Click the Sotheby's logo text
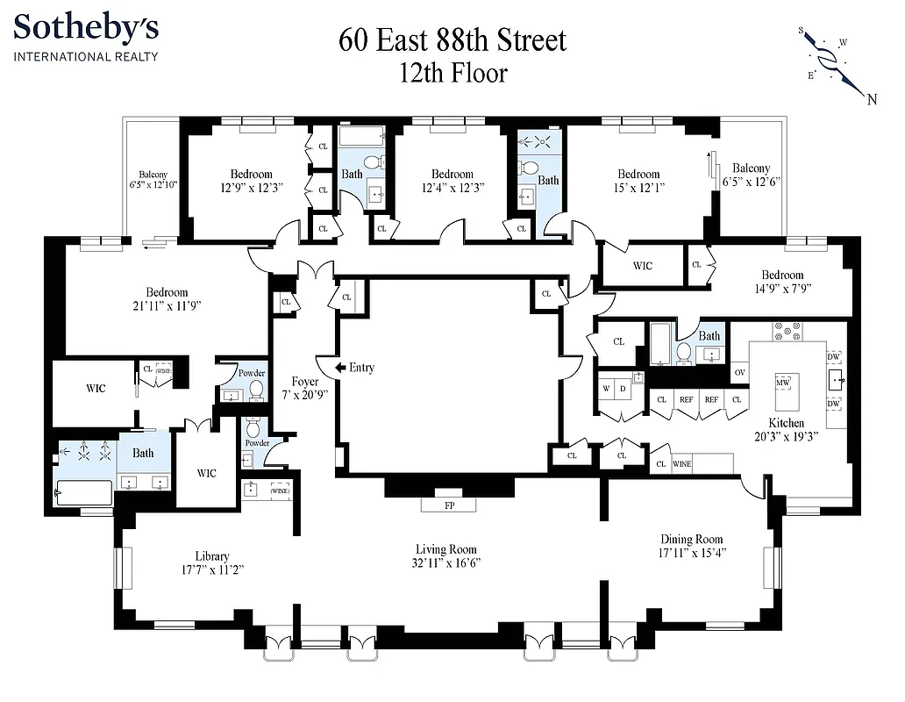(x=86, y=28)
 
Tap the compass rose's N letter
(x=872, y=98)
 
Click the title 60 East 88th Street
(x=452, y=40)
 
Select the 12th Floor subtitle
(x=452, y=72)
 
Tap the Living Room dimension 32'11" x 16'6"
(x=448, y=562)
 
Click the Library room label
(x=212, y=555)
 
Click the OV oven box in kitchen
(x=739, y=371)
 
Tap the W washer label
(x=606, y=387)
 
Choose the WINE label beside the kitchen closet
(x=681, y=464)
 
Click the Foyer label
(x=304, y=382)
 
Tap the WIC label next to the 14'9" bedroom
(x=642, y=266)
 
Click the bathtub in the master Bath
(x=83, y=492)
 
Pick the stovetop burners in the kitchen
(x=786, y=331)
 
